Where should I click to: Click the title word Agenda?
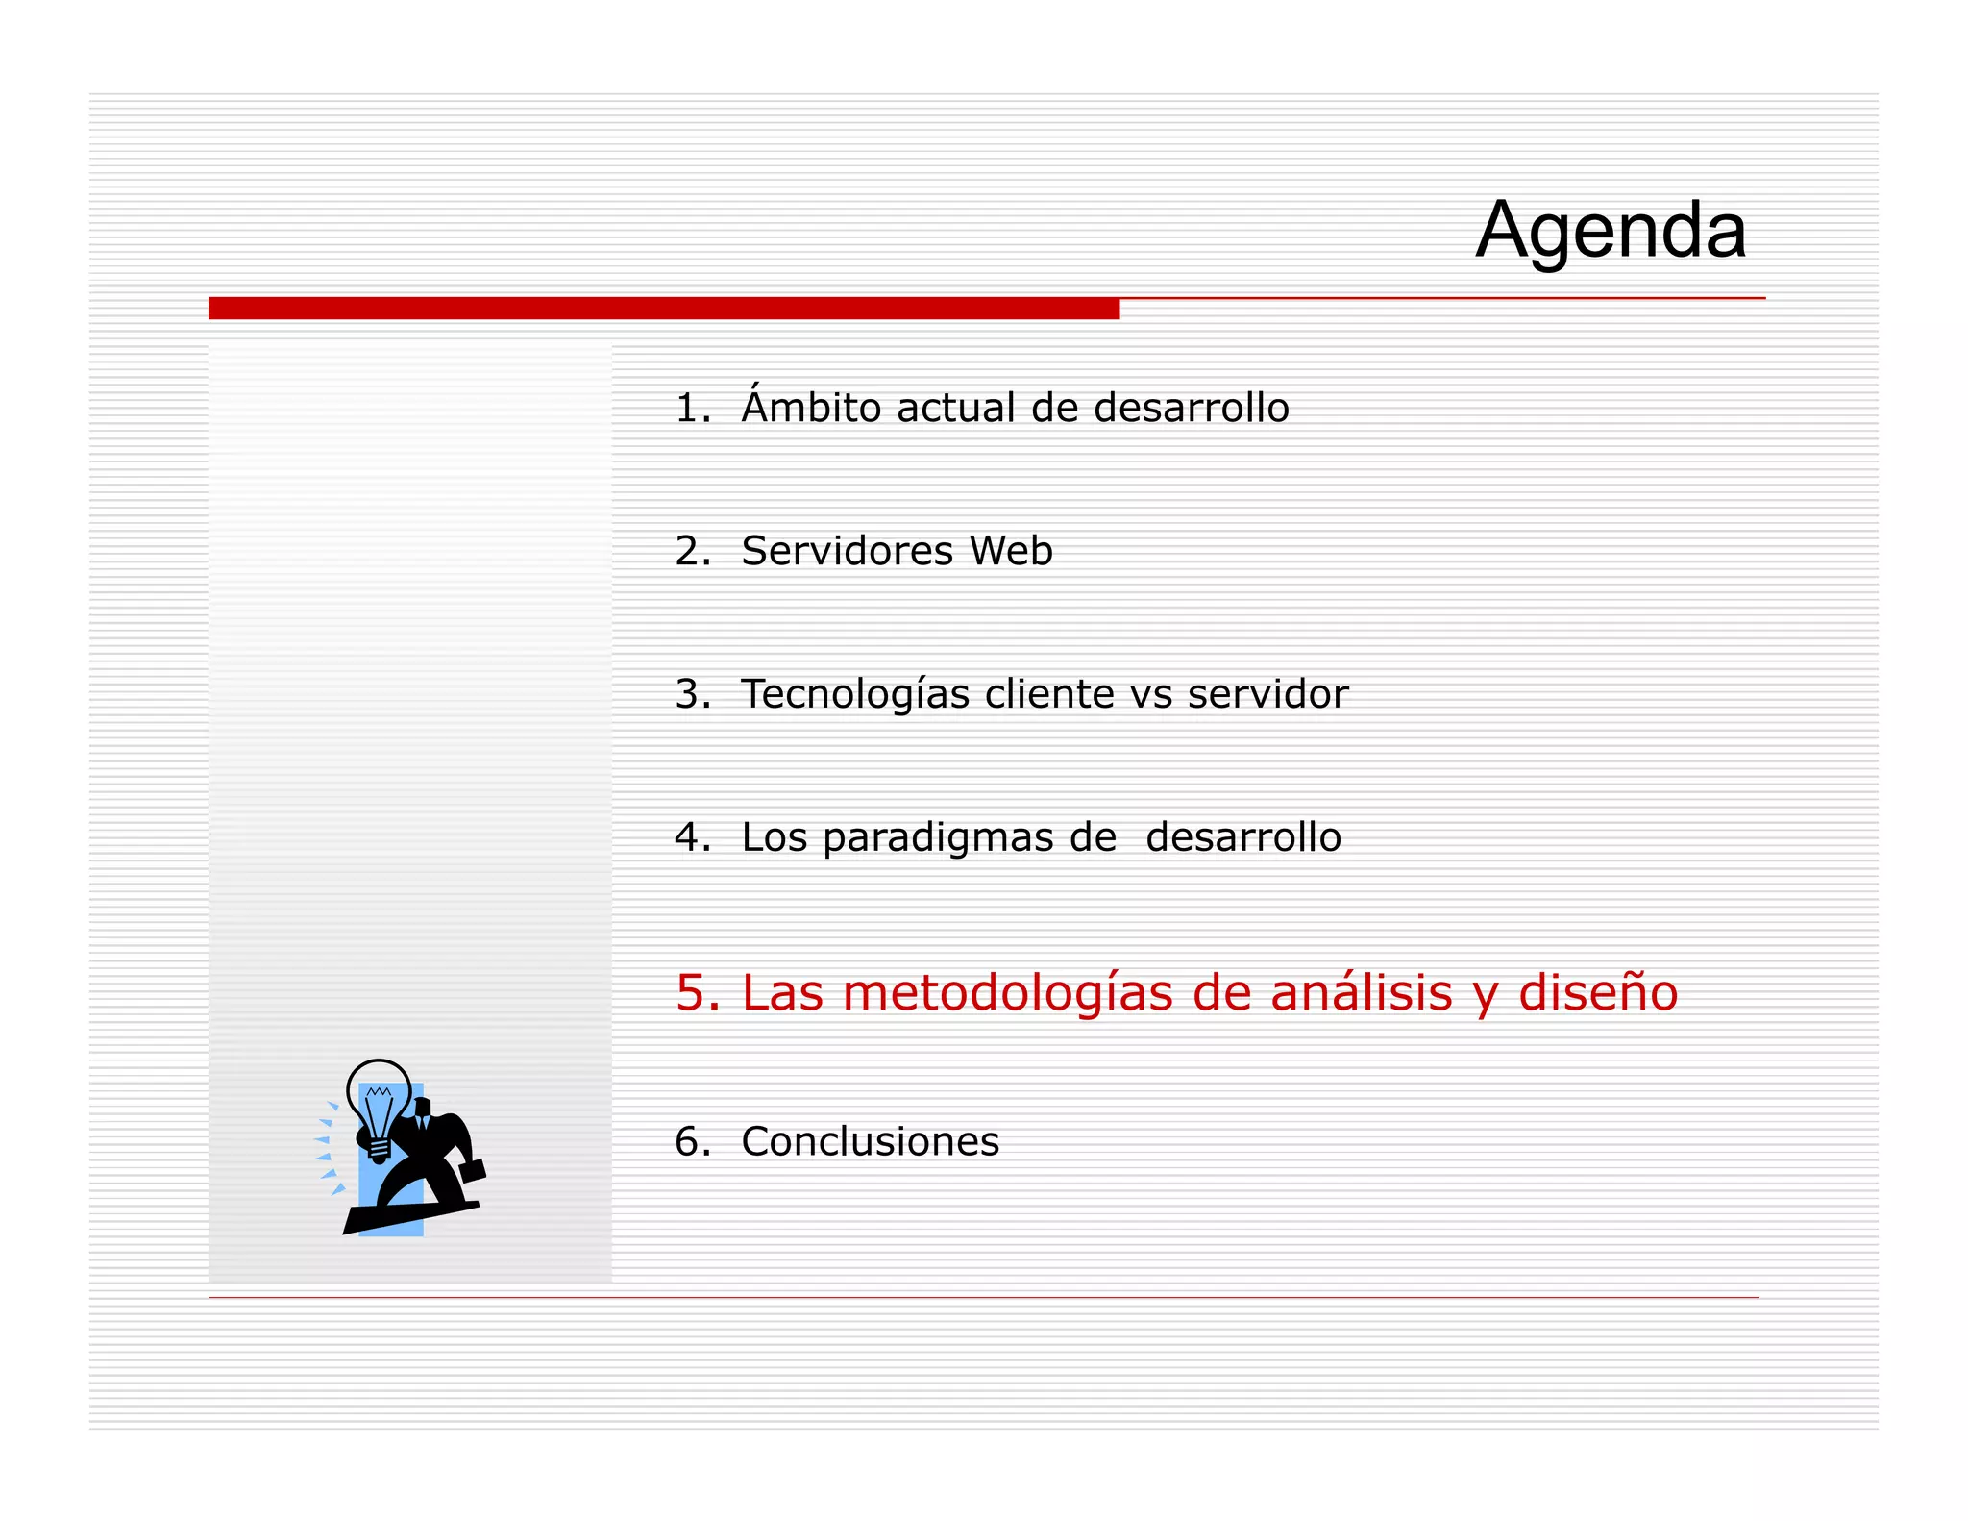[1611, 231]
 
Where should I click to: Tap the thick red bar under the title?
[663, 308]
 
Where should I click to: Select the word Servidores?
[847, 551]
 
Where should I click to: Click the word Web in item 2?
[1011, 551]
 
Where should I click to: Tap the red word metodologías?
[1007, 993]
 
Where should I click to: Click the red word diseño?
[1597, 993]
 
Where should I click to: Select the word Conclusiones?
[870, 1142]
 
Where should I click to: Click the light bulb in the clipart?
[378, 1101]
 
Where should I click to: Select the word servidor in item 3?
[1267, 694]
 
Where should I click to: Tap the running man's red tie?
[421, 1125]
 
